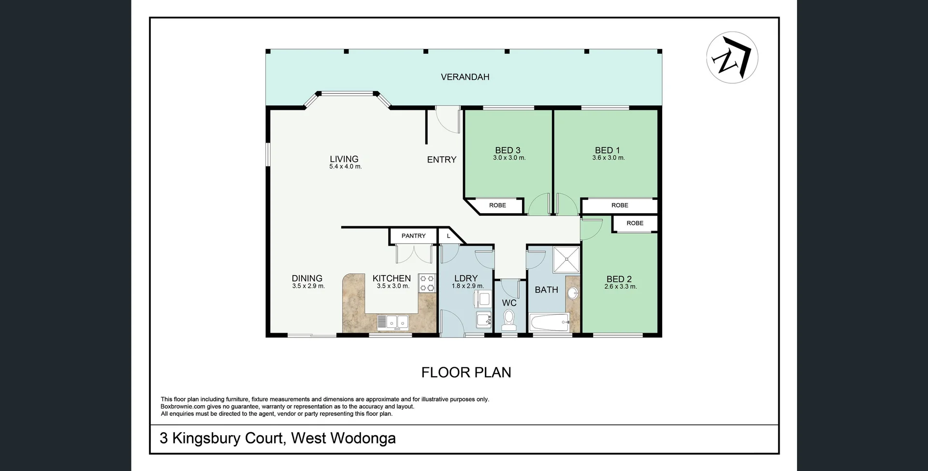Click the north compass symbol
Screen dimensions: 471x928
[x=732, y=58]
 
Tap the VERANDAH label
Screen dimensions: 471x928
[x=465, y=77]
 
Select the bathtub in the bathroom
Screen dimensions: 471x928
[x=550, y=323]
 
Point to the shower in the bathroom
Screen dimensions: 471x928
[x=566, y=260]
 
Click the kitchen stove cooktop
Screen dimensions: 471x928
[x=427, y=283]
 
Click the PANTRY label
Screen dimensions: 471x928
[x=414, y=236]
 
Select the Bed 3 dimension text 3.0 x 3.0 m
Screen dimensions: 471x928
[x=509, y=158]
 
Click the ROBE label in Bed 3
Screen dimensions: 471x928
[x=497, y=206]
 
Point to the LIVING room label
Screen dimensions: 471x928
[x=344, y=159]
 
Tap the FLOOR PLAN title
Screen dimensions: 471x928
[x=466, y=372]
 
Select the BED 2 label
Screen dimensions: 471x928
[x=619, y=279]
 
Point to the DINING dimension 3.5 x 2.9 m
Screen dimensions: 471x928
[x=308, y=286]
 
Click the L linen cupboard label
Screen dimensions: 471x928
[x=449, y=236]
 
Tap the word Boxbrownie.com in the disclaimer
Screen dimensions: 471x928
[x=183, y=407]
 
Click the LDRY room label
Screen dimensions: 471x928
[x=466, y=278]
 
